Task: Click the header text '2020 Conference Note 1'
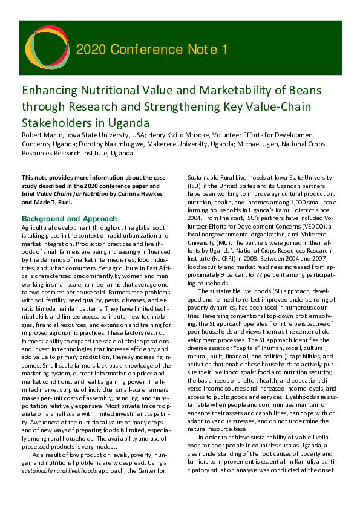pyautogui.click(x=152, y=49)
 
